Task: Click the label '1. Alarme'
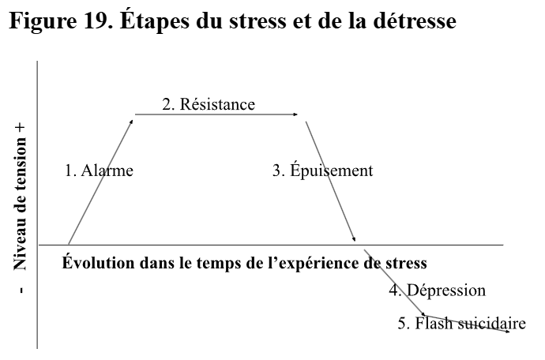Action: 98,170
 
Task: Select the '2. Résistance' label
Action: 209,104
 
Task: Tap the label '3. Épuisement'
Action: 322,170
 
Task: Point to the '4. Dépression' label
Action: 437,290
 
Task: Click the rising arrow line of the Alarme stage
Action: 101,181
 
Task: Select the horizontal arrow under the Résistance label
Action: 217,115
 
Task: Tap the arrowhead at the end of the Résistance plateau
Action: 297,115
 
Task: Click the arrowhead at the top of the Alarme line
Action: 131,119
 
